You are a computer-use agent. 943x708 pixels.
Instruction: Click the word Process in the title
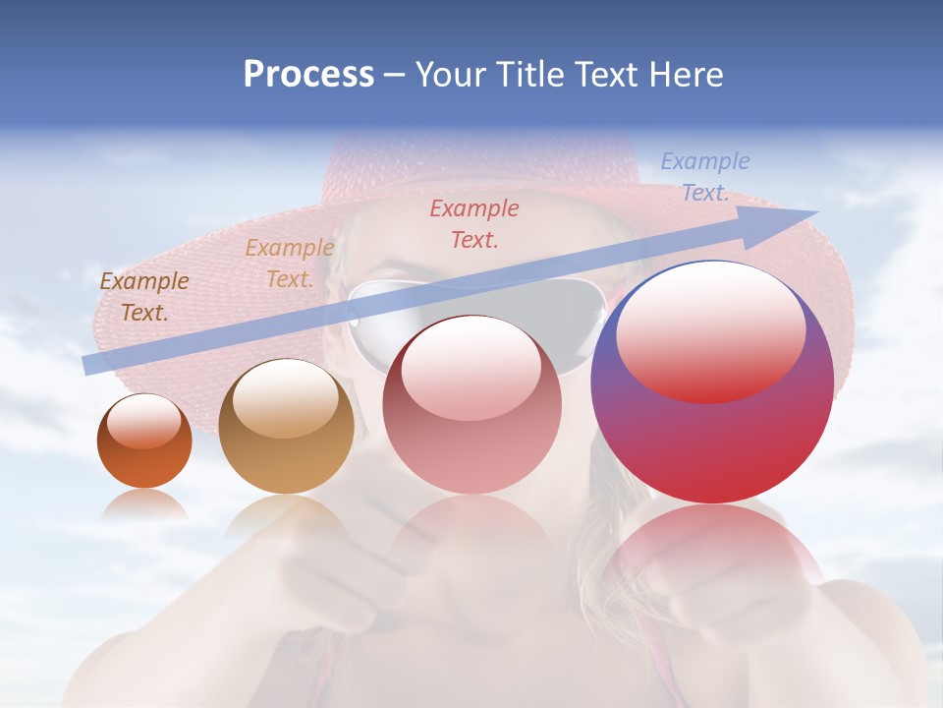pos(308,75)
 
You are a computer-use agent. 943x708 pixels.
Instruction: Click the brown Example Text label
pos(143,297)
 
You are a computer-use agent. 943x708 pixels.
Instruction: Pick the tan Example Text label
pos(289,264)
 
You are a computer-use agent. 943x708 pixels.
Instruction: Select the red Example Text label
pos(474,223)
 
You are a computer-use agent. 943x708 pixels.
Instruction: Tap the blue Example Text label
pos(704,177)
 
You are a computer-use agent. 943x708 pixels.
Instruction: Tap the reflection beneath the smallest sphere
pos(144,503)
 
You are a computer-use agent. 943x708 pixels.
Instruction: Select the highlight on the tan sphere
pos(286,398)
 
